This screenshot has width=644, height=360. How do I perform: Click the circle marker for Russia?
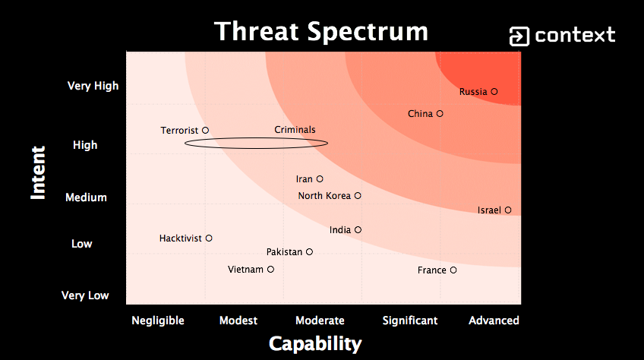494,92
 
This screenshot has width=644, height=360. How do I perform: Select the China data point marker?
440,113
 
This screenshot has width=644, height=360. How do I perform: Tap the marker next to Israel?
508,210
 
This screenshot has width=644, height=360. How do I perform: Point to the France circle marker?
453,270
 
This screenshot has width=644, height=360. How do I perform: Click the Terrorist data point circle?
205,131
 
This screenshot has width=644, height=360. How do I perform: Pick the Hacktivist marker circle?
209,238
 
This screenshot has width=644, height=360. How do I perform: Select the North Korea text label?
324,196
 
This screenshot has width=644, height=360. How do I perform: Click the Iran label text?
305,179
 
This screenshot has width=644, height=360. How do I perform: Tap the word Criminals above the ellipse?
295,129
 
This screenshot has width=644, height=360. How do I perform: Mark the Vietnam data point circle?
270,269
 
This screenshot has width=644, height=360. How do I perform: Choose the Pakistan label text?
284,252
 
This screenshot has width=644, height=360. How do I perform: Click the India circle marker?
358,229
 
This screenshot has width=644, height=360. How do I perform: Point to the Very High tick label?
93,86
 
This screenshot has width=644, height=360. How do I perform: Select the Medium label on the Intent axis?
86,197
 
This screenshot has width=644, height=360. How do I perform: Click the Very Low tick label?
85,295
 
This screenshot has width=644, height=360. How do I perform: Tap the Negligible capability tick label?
158,321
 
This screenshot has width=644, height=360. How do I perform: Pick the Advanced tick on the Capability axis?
494,321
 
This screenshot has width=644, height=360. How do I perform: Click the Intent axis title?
38,173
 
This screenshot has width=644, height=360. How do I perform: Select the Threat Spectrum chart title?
321,31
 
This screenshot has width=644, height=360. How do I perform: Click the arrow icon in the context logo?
519,36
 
